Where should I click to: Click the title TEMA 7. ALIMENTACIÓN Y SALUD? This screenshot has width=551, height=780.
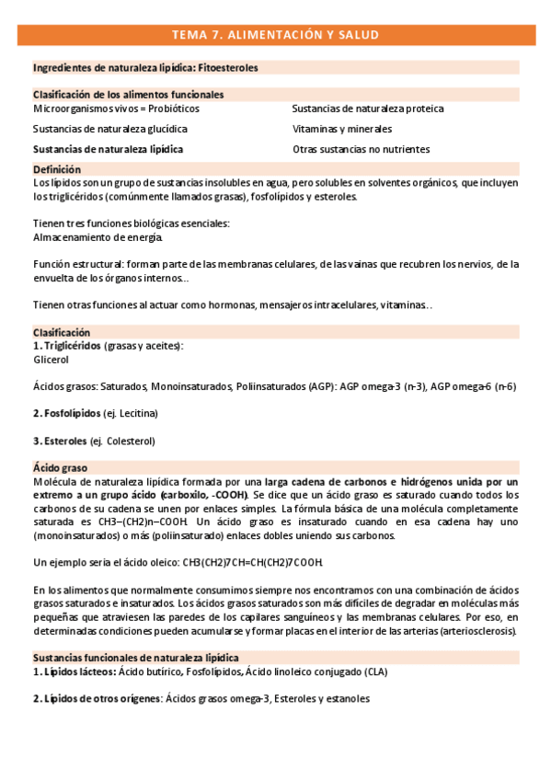[275, 35]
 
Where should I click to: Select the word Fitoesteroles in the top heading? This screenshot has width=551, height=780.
[228, 68]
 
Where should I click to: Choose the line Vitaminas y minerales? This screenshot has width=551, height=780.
[342, 129]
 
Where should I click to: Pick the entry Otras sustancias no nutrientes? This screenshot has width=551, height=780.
[361, 149]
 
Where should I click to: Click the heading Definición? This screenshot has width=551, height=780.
[57, 169]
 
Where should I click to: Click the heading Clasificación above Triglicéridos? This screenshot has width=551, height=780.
[62, 332]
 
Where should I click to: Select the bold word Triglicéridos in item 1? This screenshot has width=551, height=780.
[75, 345]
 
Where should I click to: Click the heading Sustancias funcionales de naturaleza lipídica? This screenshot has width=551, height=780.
[136, 658]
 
